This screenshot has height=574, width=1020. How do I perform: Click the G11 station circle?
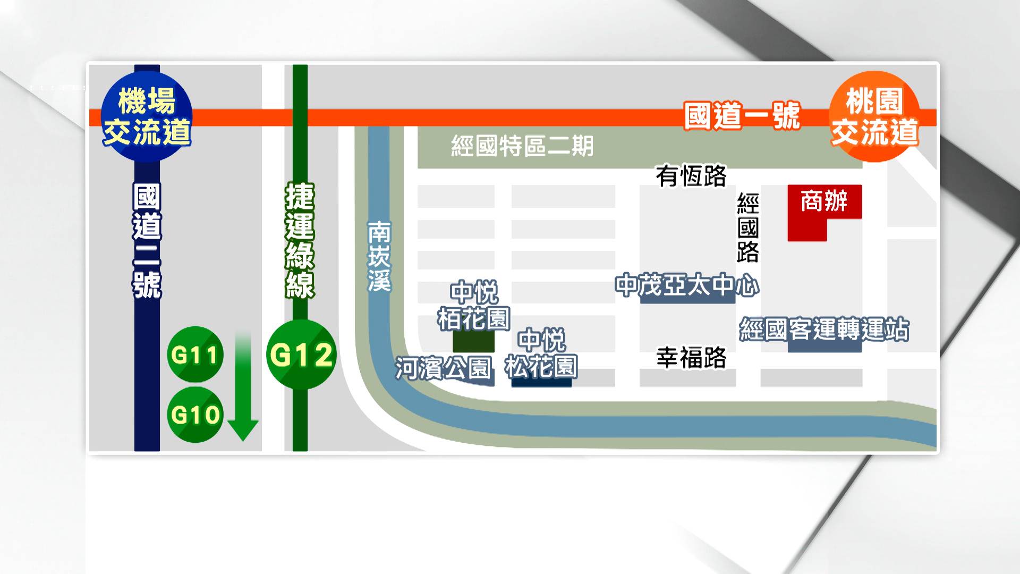coord(195,354)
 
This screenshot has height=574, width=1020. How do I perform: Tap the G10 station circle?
coord(195,415)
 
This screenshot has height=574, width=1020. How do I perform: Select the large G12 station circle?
coord(301,354)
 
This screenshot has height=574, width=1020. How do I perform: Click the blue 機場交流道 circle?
coord(147,117)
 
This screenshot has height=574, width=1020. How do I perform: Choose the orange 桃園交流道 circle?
coord(874,117)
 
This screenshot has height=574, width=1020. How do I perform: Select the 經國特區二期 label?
coord(522,146)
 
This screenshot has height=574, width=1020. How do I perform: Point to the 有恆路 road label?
coord(691,175)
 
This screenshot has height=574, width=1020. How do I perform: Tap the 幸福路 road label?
coord(691,358)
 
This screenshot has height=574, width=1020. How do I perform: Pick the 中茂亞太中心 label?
coord(687,286)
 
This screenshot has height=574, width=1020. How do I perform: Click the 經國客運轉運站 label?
coord(824,330)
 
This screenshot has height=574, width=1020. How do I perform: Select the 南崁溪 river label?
coord(379,256)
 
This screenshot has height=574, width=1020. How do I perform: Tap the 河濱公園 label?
coord(443,368)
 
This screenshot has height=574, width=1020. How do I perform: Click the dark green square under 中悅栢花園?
coord(473,341)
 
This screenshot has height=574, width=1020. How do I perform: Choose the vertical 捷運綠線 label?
coord(300,240)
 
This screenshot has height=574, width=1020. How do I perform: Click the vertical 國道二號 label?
coord(147,240)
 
